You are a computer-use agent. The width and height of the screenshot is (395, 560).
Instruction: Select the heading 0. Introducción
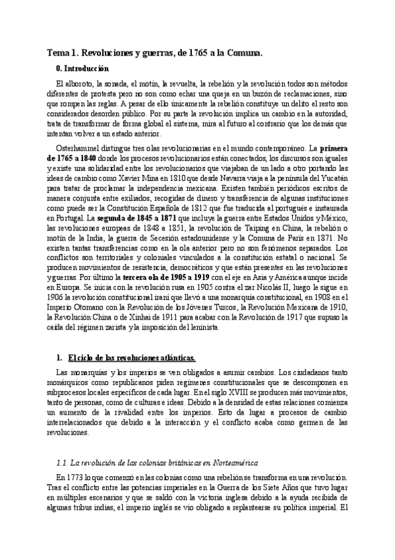(82, 69)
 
